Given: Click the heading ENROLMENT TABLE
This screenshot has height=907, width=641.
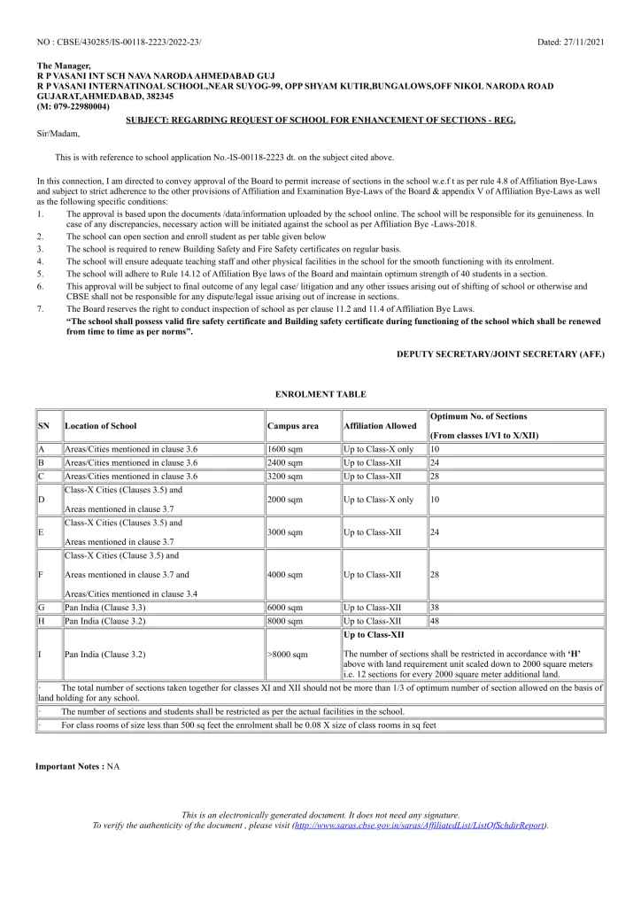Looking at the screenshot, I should pos(320,393).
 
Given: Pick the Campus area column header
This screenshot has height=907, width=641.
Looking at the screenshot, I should pos(292,426).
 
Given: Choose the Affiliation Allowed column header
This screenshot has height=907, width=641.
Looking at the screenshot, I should pos(374,426).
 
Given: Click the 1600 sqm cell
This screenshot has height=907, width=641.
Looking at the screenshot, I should pos(285,450).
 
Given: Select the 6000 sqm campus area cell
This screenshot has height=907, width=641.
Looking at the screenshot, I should pos(285,607).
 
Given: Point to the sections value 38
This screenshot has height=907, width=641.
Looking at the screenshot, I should pos(435,607).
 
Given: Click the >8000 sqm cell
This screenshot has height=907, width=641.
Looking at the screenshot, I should pos(288,655).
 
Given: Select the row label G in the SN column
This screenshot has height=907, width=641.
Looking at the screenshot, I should pos(42,607).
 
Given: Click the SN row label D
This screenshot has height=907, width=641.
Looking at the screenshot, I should pos(42,500).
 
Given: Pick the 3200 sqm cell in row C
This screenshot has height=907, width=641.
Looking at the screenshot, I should pos(285,476).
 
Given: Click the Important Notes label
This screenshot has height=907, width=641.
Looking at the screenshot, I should pos(69,765).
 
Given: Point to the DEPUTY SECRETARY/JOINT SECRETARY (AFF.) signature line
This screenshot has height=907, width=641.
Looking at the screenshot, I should pos(500,353).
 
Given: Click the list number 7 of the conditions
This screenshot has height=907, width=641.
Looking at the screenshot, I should pos(40,308).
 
